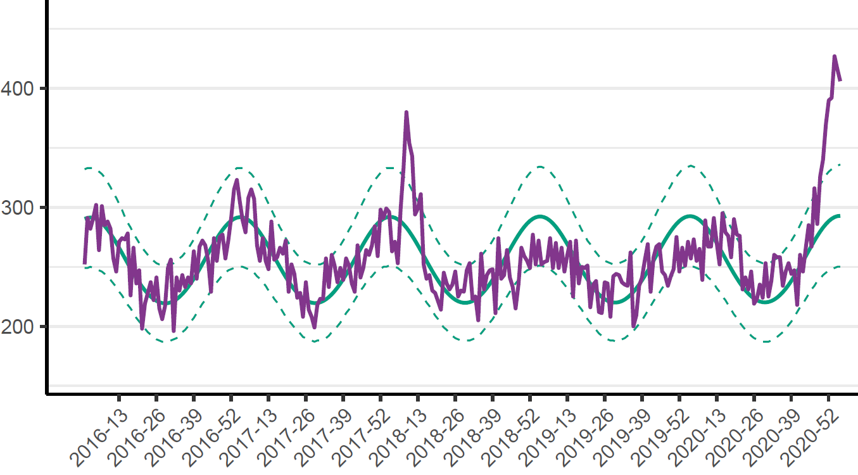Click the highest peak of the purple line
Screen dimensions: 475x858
tap(835, 56)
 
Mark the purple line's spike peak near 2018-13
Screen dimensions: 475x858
tap(407, 112)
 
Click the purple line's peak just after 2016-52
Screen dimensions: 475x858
tap(237, 180)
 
